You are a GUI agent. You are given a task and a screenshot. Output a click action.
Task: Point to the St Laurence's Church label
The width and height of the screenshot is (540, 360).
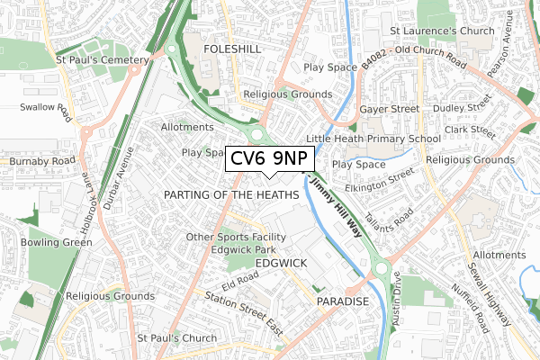coord(442,31)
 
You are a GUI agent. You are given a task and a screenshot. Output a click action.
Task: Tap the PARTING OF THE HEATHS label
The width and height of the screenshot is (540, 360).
coord(231,194)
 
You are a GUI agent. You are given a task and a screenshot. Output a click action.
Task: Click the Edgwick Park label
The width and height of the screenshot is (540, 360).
coord(242,249)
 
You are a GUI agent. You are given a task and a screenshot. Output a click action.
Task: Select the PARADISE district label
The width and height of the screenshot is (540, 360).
coord(343,301)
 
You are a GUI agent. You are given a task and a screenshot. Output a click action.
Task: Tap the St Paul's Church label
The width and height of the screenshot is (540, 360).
coord(176,338)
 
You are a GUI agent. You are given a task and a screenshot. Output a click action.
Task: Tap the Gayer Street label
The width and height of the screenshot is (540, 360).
coord(390,108)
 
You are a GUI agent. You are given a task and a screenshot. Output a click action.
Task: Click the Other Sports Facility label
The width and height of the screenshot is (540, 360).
coord(236,237)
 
